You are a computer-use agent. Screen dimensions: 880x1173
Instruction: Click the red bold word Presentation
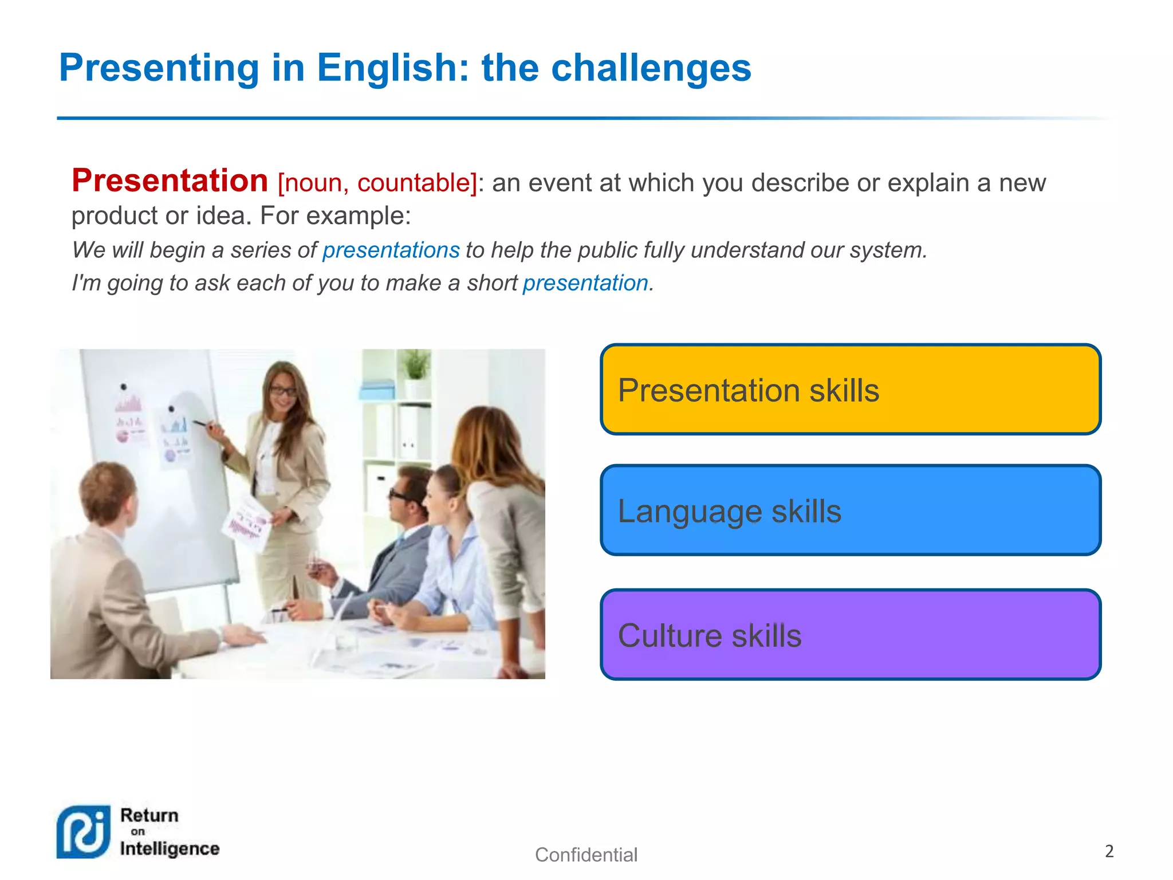[170, 181]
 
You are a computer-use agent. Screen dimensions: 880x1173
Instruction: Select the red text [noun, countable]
[377, 183]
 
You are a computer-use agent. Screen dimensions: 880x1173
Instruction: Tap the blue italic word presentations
[391, 250]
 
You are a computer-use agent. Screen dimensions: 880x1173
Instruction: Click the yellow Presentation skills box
[850, 390]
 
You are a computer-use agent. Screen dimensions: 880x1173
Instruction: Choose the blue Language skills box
[850, 510]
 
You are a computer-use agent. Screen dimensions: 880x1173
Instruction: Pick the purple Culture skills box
[850, 635]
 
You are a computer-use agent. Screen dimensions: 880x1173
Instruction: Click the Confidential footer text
[585, 855]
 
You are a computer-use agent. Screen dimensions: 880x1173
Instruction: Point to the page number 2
[1109, 851]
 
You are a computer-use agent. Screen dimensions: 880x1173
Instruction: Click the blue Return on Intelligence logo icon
[83, 832]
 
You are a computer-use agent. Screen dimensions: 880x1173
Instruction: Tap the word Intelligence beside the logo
[170, 848]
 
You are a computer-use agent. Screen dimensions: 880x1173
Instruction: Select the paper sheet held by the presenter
[247, 521]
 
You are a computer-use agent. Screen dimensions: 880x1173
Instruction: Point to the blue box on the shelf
[377, 391]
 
